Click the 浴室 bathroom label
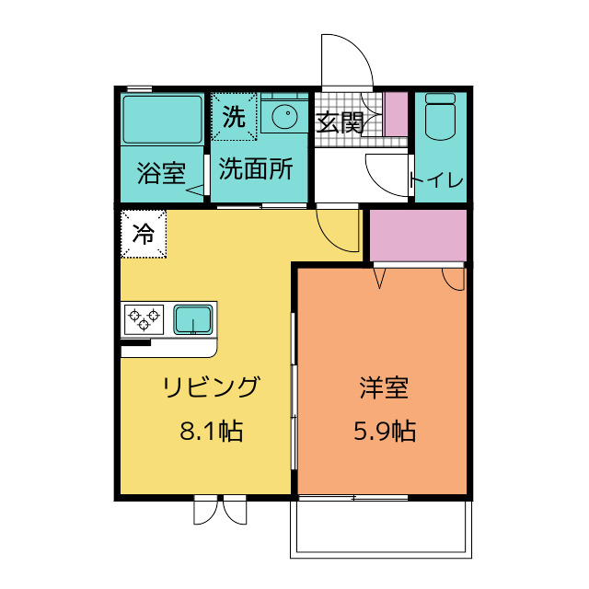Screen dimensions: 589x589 pos(162,172)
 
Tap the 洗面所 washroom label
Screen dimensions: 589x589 pos(257,170)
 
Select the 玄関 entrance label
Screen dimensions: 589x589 pos(340,123)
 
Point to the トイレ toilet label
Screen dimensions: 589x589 pos(437,179)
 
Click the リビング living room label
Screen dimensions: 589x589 pos(211,387)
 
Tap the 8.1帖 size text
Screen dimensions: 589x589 pos(211,431)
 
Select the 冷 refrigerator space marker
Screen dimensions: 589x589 pos(143,234)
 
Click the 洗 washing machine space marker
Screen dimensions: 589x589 pos(235,117)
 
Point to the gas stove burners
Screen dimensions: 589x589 pos(144,319)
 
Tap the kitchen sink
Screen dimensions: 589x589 pos(194,319)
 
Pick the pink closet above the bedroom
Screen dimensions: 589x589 pos(418,236)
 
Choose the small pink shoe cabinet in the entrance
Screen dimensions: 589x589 pos(396,115)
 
